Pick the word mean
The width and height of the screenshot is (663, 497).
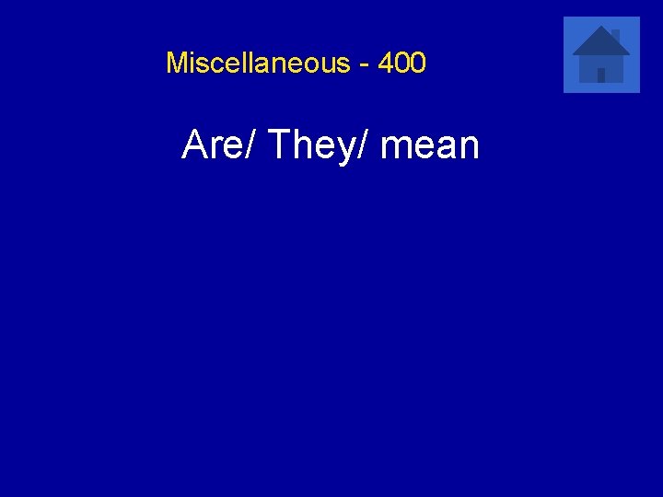tap(430, 145)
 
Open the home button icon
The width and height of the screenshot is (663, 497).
tap(601, 54)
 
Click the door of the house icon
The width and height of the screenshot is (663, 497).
tap(601, 75)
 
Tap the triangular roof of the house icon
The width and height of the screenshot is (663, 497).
tap(600, 42)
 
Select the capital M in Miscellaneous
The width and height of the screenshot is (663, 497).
tap(176, 64)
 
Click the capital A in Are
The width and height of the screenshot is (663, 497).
tap(194, 145)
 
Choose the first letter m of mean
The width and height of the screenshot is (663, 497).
tap(394, 148)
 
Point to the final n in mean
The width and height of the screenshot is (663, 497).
tap(469, 148)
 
